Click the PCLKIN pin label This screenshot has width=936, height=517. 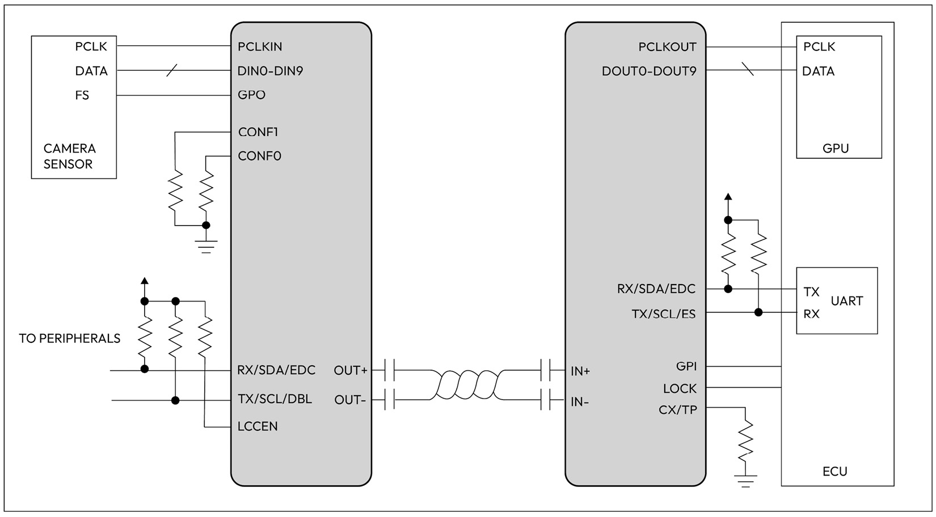tap(260, 46)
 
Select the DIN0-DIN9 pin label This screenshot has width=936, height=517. tap(270, 71)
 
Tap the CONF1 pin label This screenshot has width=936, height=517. tap(258, 132)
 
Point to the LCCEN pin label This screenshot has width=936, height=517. tap(258, 426)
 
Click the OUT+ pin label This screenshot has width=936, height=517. tap(351, 371)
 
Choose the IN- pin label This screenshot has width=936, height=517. tap(580, 402)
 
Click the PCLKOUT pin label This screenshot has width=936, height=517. tap(667, 47)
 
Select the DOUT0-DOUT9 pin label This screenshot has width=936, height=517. tap(649, 71)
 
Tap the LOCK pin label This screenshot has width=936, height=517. tap(680, 389)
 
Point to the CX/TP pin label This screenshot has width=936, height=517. tap(677, 410)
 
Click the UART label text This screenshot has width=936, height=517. tap(846, 301)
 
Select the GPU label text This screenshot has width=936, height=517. tap(836, 149)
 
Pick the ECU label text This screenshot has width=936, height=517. tap(834, 471)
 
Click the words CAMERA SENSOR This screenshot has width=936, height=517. tap(69, 156)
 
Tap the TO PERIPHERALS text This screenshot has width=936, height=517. tap(70, 338)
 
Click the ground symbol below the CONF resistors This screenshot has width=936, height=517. tap(206, 247)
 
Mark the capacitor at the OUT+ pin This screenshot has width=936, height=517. tap(389, 370)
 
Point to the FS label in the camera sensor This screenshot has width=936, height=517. tap(82, 95)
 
